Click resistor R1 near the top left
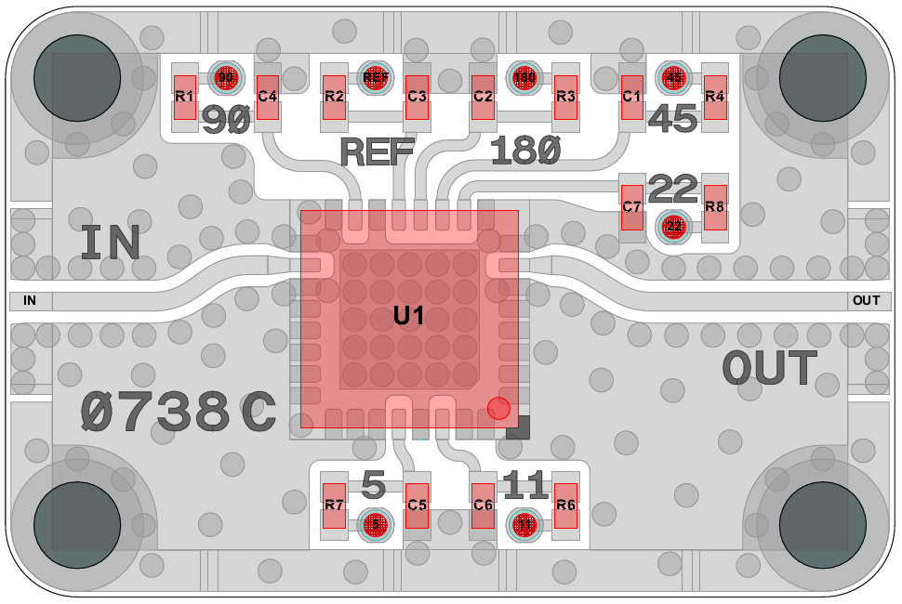tap(184, 97)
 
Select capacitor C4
tap(268, 97)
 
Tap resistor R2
tap(334, 97)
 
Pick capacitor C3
tap(418, 97)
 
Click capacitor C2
tap(483, 97)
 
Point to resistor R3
tap(565, 97)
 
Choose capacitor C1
tap(632, 97)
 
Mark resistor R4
tap(714, 97)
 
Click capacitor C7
tap(632, 207)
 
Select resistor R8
tap(714, 207)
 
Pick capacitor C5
tap(418, 506)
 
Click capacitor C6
tap(483, 506)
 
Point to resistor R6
tap(565, 506)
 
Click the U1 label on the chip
tap(408, 316)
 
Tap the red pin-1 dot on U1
tap(498, 408)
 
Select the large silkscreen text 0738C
tap(178, 411)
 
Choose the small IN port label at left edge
tap(30, 300)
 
